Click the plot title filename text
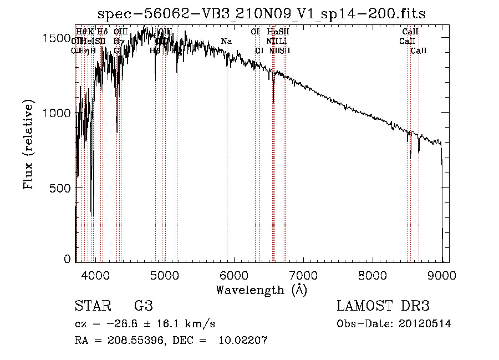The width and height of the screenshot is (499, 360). point(262,14)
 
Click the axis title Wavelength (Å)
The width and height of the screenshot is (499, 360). point(261,290)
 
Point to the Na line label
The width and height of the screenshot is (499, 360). point(226,42)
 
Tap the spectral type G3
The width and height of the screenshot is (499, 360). point(144,306)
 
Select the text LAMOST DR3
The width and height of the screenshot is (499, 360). point(383,306)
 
